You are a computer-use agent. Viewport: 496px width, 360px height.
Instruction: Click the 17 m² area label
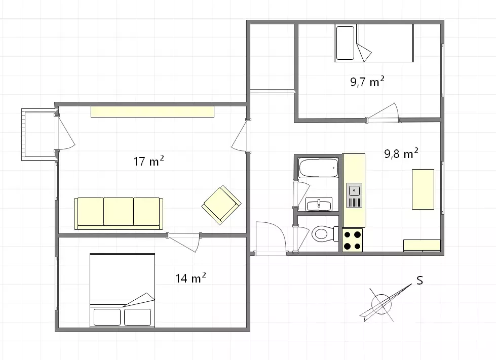pyautogui.click(x=148, y=161)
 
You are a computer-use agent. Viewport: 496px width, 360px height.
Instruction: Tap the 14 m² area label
pyautogui.click(x=190, y=278)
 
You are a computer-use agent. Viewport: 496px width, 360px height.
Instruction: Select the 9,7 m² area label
pyautogui.click(x=367, y=82)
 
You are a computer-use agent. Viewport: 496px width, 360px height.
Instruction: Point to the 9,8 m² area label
pyautogui.click(x=401, y=153)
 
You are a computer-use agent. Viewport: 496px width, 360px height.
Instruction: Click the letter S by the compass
pyautogui.click(x=419, y=281)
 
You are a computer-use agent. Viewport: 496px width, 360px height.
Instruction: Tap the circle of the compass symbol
pyautogui.click(x=381, y=304)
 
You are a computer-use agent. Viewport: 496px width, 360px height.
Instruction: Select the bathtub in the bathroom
pyautogui.click(x=319, y=168)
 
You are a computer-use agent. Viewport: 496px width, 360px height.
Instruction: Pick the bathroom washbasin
pyautogui.click(x=319, y=204)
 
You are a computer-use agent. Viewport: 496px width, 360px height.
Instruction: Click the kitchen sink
pyautogui.click(x=354, y=195)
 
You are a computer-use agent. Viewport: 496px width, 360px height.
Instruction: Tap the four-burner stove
pyautogui.click(x=353, y=240)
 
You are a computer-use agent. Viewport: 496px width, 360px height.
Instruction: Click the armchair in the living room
pyautogui.click(x=221, y=205)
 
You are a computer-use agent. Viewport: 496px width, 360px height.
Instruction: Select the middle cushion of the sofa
pyautogui.click(x=119, y=212)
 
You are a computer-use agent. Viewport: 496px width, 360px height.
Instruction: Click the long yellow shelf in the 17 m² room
pyautogui.click(x=152, y=111)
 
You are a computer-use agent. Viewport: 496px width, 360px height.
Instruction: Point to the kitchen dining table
pyautogui.click(x=423, y=189)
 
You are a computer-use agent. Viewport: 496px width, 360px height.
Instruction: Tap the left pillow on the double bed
pyautogui.click(x=107, y=317)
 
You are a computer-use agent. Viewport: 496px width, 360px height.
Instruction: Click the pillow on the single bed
pyautogui.click(x=345, y=43)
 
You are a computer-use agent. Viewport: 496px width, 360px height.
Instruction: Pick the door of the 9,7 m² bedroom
pyautogui.click(x=383, y=112)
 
